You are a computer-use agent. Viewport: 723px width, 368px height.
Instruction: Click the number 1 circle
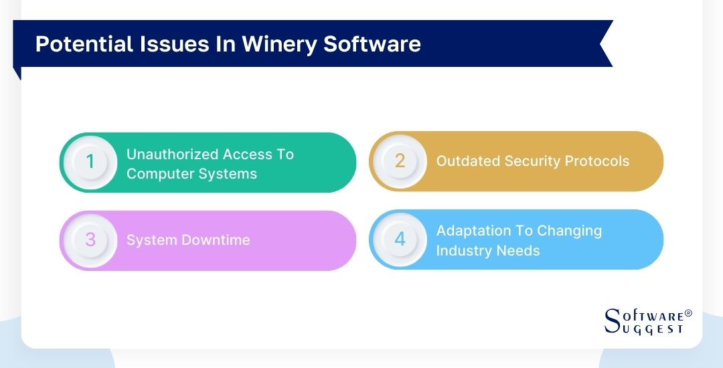pyautogui.click(x=90, y=162)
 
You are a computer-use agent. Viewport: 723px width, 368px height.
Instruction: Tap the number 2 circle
pyautogui.click(x=400, y=161)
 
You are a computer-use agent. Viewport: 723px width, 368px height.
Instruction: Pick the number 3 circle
pyautogui.click(x=90, y=240)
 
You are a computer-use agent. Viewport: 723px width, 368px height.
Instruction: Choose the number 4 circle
pyautogui.click(x=400, y=240)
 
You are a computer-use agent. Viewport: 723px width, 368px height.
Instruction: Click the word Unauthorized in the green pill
pyautogui.click(x=172, y=155)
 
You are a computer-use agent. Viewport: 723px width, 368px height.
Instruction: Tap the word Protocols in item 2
pyautogui.click(x=595, y=161)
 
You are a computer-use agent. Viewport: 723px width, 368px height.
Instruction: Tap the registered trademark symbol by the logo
pyautogui.click(x=688, y=313)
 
